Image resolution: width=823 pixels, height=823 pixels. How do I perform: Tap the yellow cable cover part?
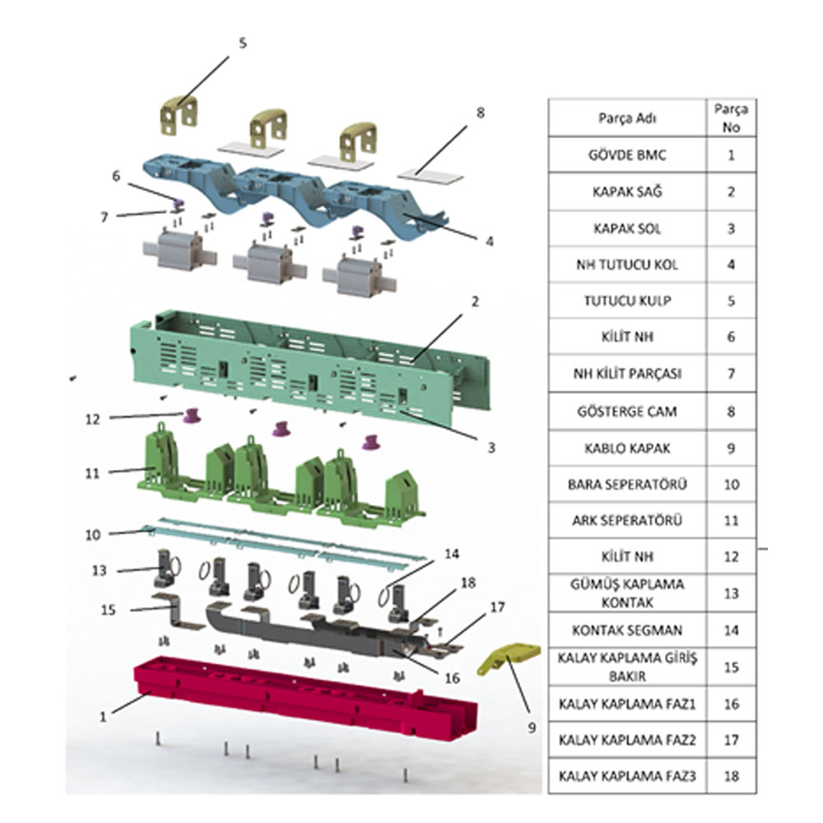point(510,655)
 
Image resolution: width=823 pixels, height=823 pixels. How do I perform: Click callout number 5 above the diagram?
point(242,43)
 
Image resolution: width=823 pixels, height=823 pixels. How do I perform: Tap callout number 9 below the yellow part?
point(532,728)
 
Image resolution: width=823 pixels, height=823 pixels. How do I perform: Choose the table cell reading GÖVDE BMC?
point(627,156)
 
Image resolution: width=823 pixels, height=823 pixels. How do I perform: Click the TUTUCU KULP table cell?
point(627,300)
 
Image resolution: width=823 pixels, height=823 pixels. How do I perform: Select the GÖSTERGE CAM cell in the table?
point(627,411)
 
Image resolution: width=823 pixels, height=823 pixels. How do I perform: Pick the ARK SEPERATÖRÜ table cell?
point(627,521)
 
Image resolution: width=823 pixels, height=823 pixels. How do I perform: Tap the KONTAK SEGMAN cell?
point(627,630)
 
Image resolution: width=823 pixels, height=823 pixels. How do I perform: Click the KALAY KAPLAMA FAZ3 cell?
point(627,775)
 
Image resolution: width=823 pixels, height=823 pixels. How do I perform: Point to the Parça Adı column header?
point(627,117)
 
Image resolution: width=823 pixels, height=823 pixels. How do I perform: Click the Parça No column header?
point(731,117)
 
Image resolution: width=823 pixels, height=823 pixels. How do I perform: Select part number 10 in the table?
point(731,485)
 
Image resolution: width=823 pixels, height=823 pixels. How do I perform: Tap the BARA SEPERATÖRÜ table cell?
point(627,485)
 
